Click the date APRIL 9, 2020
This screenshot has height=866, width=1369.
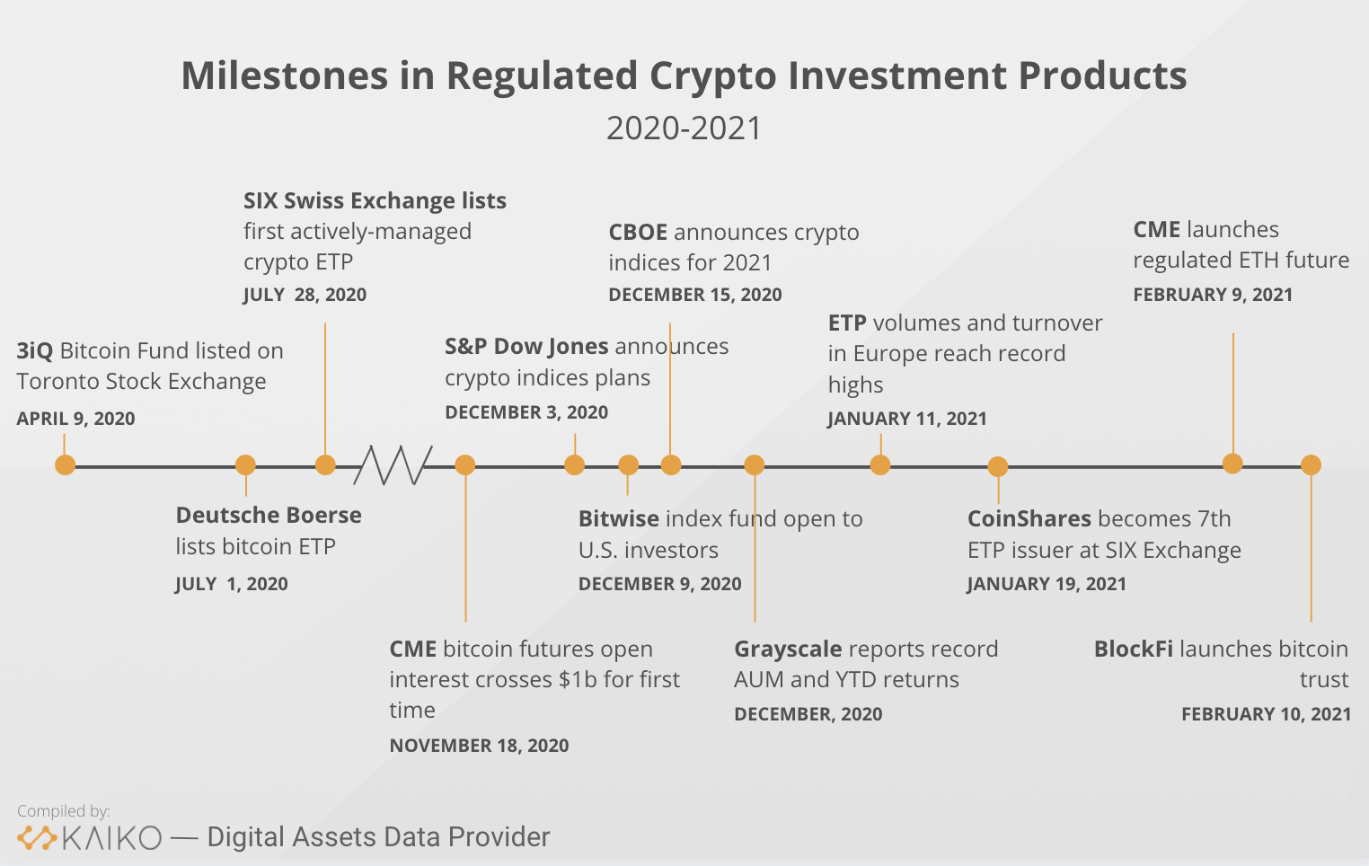point(75,419)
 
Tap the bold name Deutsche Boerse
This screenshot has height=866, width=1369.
point(269,516)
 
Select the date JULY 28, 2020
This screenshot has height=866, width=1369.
point(305,295)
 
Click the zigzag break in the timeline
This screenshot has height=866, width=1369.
point(393,465)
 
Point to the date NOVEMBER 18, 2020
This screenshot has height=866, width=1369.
point(479,746)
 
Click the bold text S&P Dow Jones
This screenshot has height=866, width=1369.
point(526,347)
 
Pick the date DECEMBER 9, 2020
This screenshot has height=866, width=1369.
point(659,584)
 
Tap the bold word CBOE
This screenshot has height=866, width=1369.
point(638,233)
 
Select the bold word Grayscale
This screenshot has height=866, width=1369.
point(788,649)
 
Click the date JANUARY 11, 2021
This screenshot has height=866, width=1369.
point(906,419)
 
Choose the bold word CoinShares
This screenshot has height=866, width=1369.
point(1029,519)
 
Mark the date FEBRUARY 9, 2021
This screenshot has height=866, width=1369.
point(1213,295)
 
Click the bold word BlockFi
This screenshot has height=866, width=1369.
point(1133,649)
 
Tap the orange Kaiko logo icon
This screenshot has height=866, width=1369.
point(38,838)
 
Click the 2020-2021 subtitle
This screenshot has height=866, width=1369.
point(684,128)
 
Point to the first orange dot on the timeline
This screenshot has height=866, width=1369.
point(65,465)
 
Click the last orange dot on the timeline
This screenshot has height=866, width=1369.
point(1311,465)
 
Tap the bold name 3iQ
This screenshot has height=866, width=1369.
point(34,351)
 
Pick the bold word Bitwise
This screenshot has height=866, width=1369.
point(618,519)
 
